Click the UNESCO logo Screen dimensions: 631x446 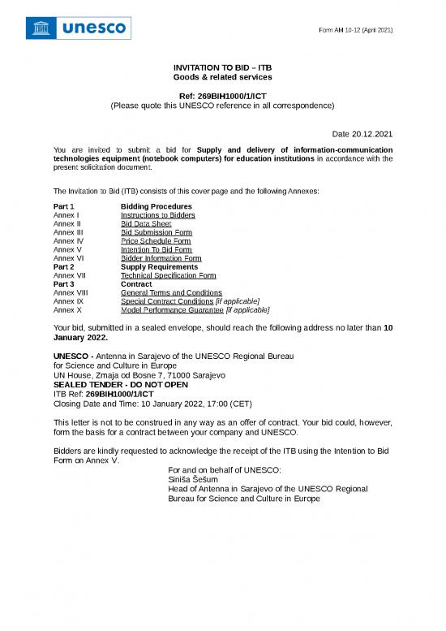(x=79, y=28)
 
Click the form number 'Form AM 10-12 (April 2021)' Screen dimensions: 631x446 (x=355, y=30)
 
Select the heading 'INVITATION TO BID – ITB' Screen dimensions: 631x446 (x=222, y=67)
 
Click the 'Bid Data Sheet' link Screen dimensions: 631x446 (x=146, y=224)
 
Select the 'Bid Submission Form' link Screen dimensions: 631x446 (x=156, y=232)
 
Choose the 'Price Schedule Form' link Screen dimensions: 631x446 (x=156, y=241)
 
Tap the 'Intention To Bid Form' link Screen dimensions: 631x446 (x=156, y=250)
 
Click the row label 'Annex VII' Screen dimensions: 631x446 (x=69, y=275)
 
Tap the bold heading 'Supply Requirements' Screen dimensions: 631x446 (x=159, y=267)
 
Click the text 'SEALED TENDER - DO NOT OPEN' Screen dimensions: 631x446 (x=120, y=385)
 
